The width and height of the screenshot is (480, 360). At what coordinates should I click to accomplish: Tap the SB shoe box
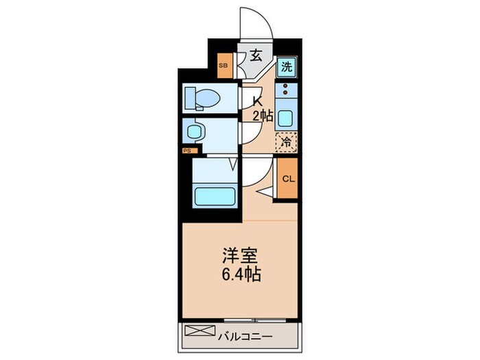[224, 66]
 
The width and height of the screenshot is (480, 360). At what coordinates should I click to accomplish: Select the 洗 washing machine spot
[287, 67]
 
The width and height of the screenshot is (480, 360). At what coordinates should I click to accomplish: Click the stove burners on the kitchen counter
[286, 91]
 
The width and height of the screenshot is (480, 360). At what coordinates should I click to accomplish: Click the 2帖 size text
[262, 116]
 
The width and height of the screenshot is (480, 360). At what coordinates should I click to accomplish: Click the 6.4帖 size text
[239, 275]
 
